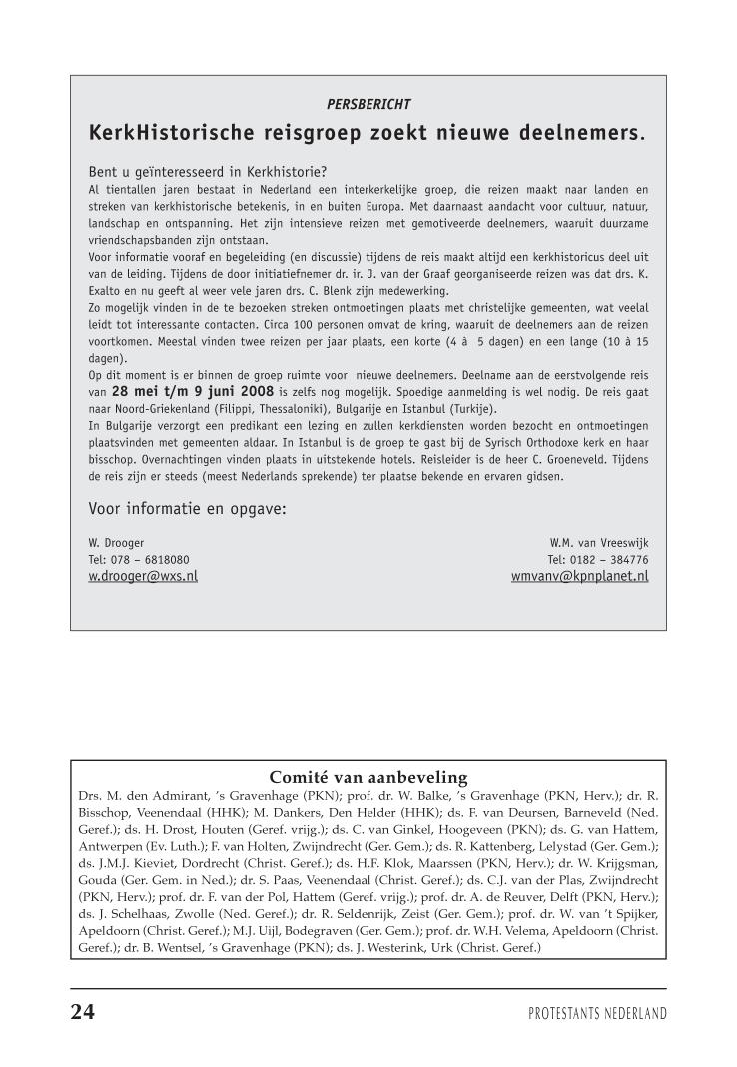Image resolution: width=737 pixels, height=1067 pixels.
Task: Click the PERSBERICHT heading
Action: tap(368, 103)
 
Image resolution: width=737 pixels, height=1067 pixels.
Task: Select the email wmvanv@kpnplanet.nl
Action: tap(579, 576)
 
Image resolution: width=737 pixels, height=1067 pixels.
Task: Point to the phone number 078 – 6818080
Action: tap(139, 560)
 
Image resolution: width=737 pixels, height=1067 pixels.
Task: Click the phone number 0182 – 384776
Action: tap(597, 560)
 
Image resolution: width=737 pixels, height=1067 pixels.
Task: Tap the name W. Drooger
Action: tap(117, 543)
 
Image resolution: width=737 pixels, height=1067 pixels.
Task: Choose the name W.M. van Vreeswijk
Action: tap(592, 543)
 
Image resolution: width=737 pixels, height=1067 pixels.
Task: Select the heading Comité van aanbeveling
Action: tap(368, 778)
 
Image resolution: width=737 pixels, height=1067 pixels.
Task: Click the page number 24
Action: tap(83, 1013)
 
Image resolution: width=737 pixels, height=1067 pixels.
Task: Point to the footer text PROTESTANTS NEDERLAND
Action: tap(597, 1014)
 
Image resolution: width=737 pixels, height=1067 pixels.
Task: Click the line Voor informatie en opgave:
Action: tap(187, 509)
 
